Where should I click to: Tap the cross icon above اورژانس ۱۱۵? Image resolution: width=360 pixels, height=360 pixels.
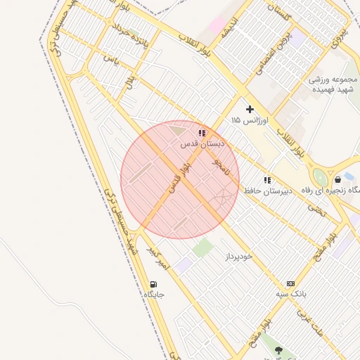tap(250, 109)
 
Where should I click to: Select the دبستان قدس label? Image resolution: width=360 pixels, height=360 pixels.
tap(202, 143)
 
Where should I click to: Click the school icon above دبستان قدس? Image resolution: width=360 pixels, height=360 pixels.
tap(202, 133)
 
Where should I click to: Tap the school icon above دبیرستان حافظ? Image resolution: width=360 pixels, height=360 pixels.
tap(267, 180)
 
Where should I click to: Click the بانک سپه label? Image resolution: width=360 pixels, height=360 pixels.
tap(290, 294)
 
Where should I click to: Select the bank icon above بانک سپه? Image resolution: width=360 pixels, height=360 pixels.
tap(290, 283)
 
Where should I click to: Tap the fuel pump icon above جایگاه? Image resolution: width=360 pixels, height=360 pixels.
tap(153, 284)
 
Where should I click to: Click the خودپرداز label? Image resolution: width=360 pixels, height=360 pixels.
tap(238, 257)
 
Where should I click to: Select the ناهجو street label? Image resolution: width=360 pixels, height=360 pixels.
tap(221, 166)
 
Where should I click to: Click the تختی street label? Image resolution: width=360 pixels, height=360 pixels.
tap(317, 208)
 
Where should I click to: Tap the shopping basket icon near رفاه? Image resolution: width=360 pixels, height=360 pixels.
tap(338, 180)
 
